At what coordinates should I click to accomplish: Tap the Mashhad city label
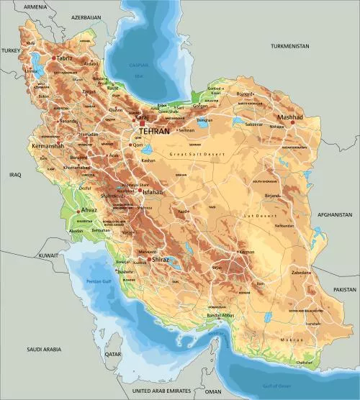291,117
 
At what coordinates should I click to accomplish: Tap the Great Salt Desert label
197,154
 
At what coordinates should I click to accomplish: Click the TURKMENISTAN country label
289,46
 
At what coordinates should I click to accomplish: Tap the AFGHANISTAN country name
335,214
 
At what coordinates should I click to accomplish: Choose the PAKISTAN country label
344,288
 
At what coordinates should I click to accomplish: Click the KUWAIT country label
49,255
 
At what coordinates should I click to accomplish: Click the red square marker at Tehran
142,122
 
